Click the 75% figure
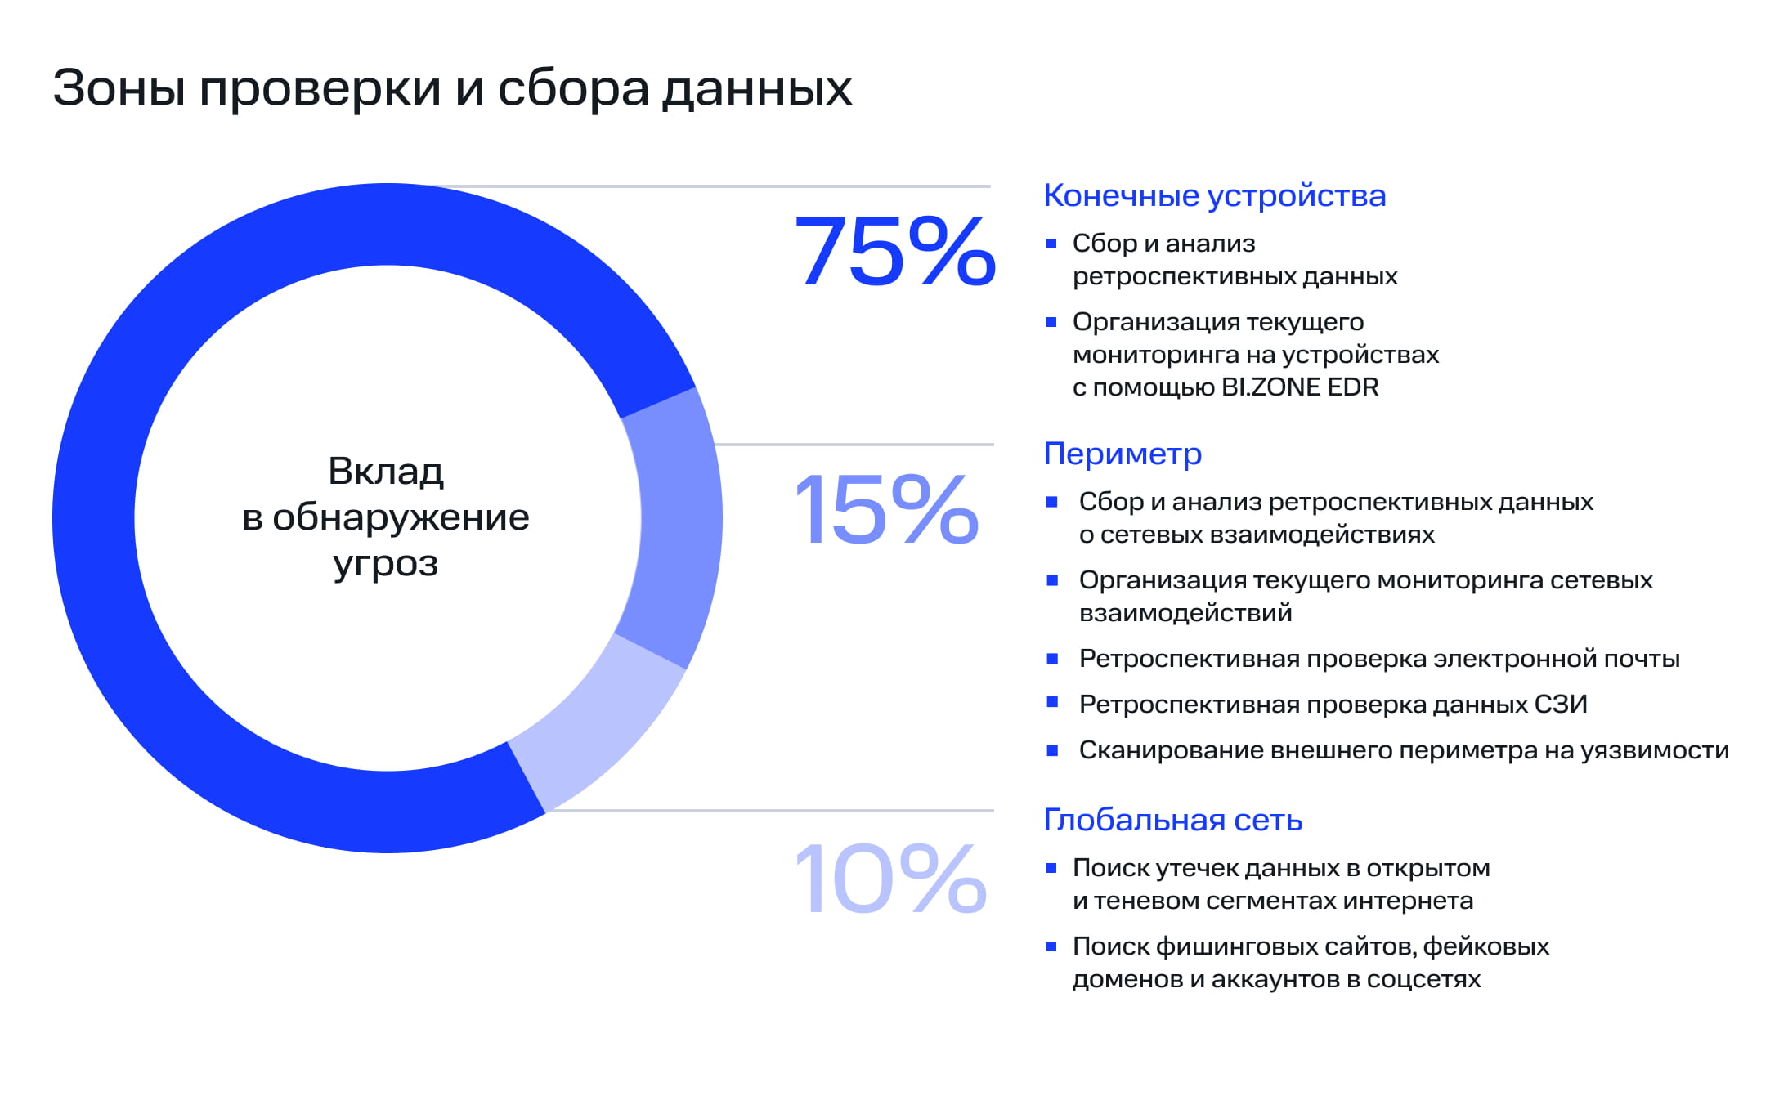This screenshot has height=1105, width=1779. coord(894,252)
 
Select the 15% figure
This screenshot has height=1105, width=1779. coord(886,510)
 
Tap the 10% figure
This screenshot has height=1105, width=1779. coord(890,879)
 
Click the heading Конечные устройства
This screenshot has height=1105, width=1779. coord(1214,196)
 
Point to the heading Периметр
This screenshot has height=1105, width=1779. coord(1123,454)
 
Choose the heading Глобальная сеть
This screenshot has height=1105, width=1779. coord(1172,820)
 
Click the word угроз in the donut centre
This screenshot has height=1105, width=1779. coord(386,564)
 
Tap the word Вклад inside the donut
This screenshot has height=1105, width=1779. coord(386,472)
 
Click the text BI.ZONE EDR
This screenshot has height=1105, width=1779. coord(1300,387)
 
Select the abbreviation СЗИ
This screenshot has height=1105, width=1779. coord(1561,705)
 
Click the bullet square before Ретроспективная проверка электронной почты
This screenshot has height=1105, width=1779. coord(1052,659)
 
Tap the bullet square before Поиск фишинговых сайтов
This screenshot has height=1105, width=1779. coord(1051,946)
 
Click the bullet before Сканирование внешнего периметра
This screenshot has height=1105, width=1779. coord(1052,750)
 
